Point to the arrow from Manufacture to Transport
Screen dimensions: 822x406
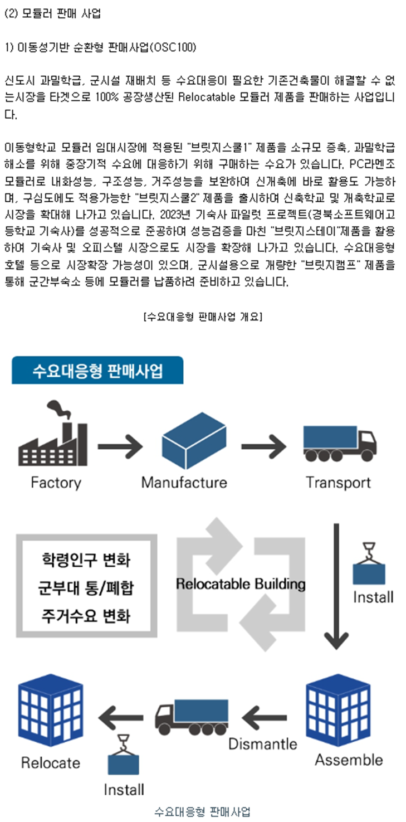tap(264, 446)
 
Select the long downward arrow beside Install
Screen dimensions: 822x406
tap(336, 586)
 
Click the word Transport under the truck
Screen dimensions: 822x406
tap(338, 482)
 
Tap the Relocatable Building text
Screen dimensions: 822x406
tap(241, 584)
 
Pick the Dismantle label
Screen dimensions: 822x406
tap(263, 743)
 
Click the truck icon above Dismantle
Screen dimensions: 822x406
tap(192, 717)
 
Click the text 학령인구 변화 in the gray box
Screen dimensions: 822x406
tap(86, 560)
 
